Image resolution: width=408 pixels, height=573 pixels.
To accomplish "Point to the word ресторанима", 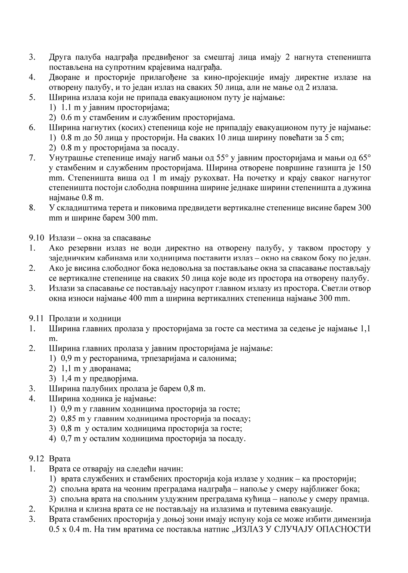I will tap(113, 358).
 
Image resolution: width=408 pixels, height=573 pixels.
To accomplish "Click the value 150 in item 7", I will tap(364, 167).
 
